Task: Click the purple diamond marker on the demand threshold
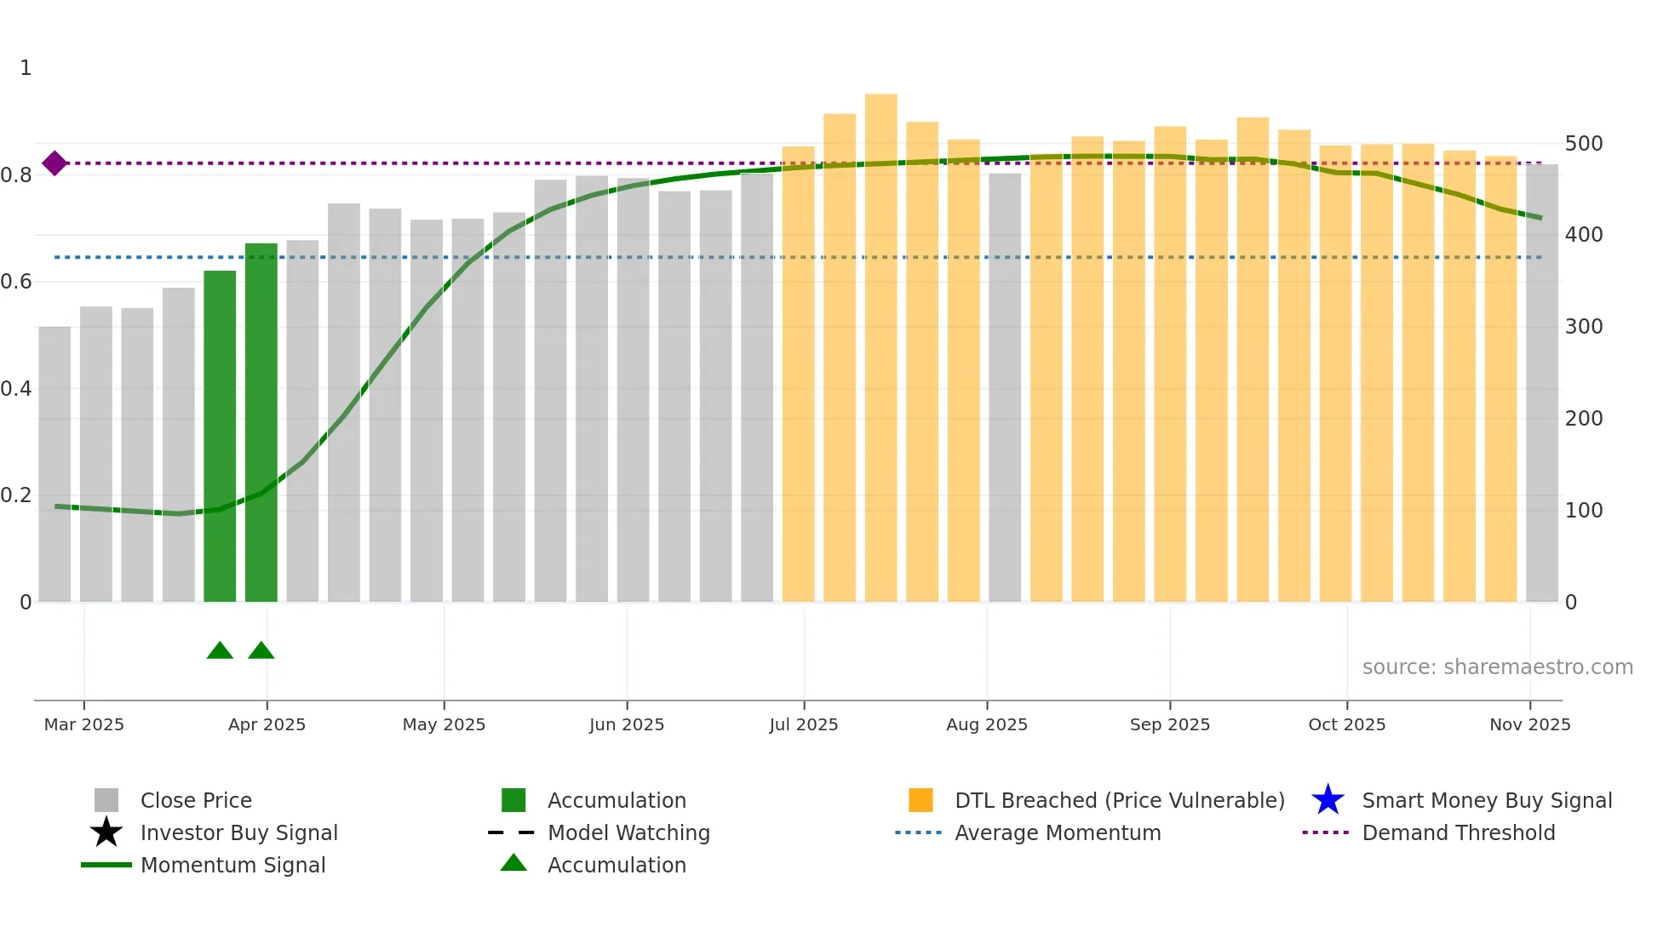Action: coord(54,163)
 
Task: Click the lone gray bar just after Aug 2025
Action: coord(1005,387)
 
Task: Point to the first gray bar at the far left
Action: coord(54,464)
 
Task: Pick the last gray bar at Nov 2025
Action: coord(1541,383)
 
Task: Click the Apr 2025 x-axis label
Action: coord(267,724)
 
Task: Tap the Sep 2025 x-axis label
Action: coord(1169,724)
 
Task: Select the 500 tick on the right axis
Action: coord(1584,143)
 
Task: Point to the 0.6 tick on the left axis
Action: coord(17,282)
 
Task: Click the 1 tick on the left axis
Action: coord(26,68)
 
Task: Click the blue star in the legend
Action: coord(1328,800)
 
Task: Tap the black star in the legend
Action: coord(106,832)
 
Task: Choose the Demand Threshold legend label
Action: coord(1458,832)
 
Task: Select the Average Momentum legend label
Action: coord(1058,832)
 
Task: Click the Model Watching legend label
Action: coord(628,832)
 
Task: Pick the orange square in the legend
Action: coord(921,800)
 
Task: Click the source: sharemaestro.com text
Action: coord(1497,666)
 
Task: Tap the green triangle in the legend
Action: coord(513,863)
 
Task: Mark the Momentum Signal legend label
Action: coord(232,865)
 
